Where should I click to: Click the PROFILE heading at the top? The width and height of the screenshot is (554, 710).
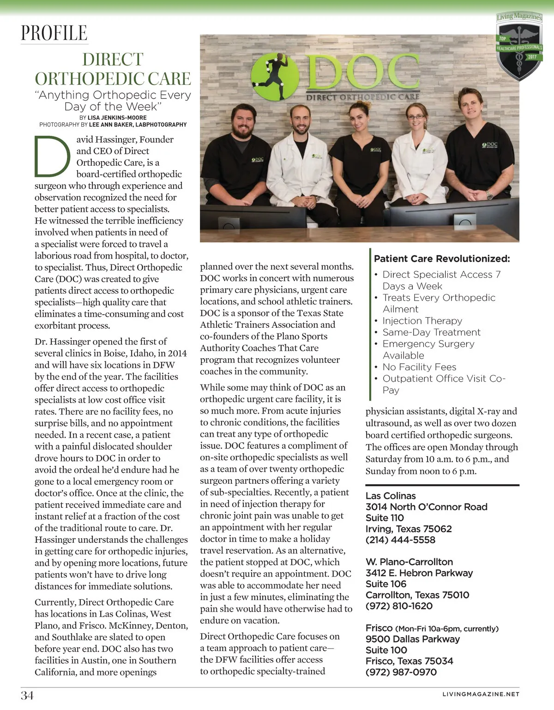pyautogui.click(x=54, y=33)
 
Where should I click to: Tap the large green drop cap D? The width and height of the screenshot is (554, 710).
pyautogui.click(x=52, y=156)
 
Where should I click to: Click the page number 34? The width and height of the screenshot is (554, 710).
pyautogui.click(x=27, y=695)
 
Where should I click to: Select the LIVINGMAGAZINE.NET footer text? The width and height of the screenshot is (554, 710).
pyautogui.click(x=481, y=694)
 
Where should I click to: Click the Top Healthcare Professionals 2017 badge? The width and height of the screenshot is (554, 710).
pyautogui.click(x=519, y=47)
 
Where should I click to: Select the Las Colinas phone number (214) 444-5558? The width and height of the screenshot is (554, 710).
pyautogui.click(x=400, y=540)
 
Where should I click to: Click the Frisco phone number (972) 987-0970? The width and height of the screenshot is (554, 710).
pyautogui.click(x=401, y=672)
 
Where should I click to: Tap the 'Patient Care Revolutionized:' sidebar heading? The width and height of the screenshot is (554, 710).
pyautogui.click(x=442, y=259)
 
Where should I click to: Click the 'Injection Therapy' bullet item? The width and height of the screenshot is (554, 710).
pyautogui.click(x=422, y=321)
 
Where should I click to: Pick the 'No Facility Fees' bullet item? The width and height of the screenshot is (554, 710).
pyautogui.click(x=419, y=367)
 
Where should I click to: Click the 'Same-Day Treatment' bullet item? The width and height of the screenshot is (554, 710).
pyautogui.click(x=431, y=332)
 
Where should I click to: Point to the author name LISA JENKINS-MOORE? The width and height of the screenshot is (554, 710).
pyautogui.click(x=117, y=118)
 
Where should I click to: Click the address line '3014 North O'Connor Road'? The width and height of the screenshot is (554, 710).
pyautogui.click(x=426, y=507)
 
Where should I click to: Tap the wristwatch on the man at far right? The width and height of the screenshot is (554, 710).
pyautogui.click(x=489, y=195)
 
